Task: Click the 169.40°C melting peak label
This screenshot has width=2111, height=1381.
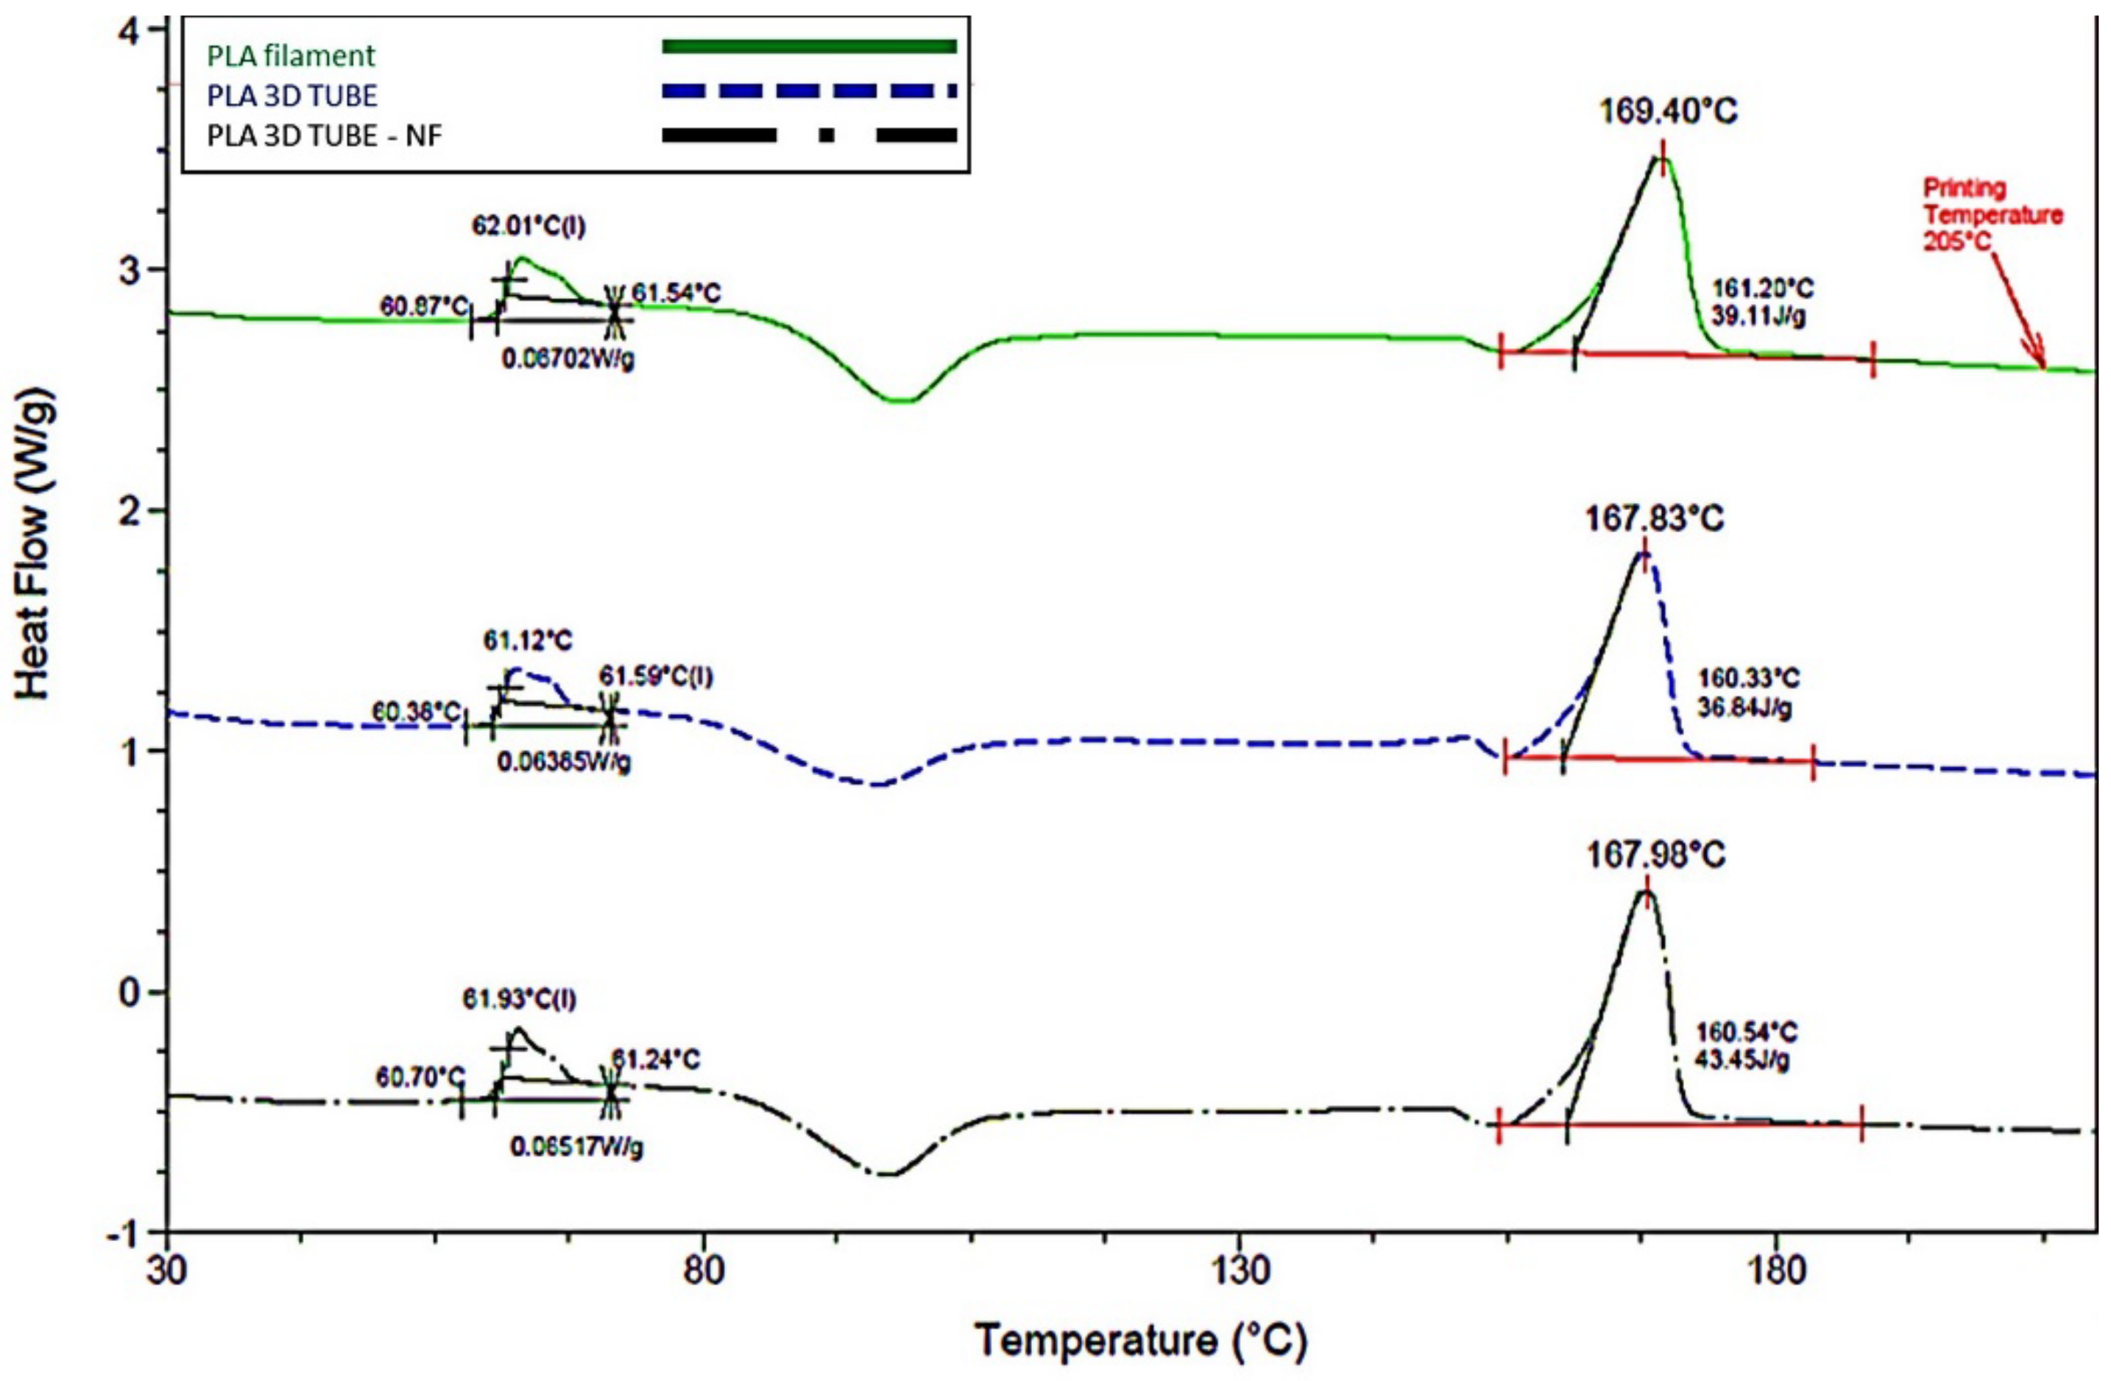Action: [x=1667, y=113]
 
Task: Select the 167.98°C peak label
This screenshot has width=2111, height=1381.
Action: [x=1655, y=855]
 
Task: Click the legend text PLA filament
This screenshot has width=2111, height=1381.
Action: [x=291, y=56]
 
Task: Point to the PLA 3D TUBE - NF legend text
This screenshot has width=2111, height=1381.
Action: [x=325, y=135]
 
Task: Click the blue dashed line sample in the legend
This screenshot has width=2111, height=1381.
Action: [x=808, y=91]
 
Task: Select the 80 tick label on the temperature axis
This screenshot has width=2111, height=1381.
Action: [x=704, y=1271]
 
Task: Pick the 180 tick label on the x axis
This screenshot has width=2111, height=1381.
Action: [x=1777, y=1271]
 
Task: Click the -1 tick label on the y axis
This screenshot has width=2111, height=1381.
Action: [x=131, y=1234]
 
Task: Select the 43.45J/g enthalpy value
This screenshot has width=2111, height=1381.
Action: [x=1741, y=1059]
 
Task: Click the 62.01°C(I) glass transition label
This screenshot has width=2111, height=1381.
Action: [x=528, y=226]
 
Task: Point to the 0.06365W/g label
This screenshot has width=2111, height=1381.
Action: [x=563, y=762]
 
